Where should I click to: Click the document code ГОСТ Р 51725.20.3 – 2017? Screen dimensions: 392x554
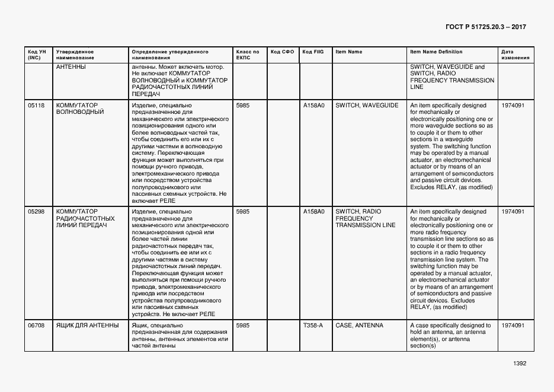pos(485,27)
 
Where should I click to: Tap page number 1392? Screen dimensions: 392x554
pos(520,364)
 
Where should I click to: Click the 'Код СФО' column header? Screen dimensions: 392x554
pos(282,52)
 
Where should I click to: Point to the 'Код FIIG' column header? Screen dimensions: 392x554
pos(313,52)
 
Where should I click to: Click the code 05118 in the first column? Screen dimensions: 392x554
pos(36,105)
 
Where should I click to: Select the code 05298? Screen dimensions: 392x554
pos(36,212)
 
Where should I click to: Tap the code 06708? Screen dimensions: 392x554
pos(36,326)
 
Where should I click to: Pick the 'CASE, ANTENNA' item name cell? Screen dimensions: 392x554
pos(359,326)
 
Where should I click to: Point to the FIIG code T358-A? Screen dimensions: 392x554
pos(313,326)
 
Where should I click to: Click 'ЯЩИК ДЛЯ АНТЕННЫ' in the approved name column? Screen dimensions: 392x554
pos(87,326)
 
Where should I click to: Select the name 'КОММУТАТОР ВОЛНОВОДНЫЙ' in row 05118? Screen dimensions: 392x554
pos(80,109)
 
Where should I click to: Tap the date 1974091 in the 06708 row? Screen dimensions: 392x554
pos(513,326)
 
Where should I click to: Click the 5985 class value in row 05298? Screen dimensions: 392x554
pos(242,212)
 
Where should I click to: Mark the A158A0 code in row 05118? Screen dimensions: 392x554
pos(313,105)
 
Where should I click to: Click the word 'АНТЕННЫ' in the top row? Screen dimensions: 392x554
pos(71,67)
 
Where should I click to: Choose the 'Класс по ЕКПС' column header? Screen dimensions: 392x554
pos(247,55)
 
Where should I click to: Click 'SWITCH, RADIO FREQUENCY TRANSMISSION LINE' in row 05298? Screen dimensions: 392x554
pos(366,218)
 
